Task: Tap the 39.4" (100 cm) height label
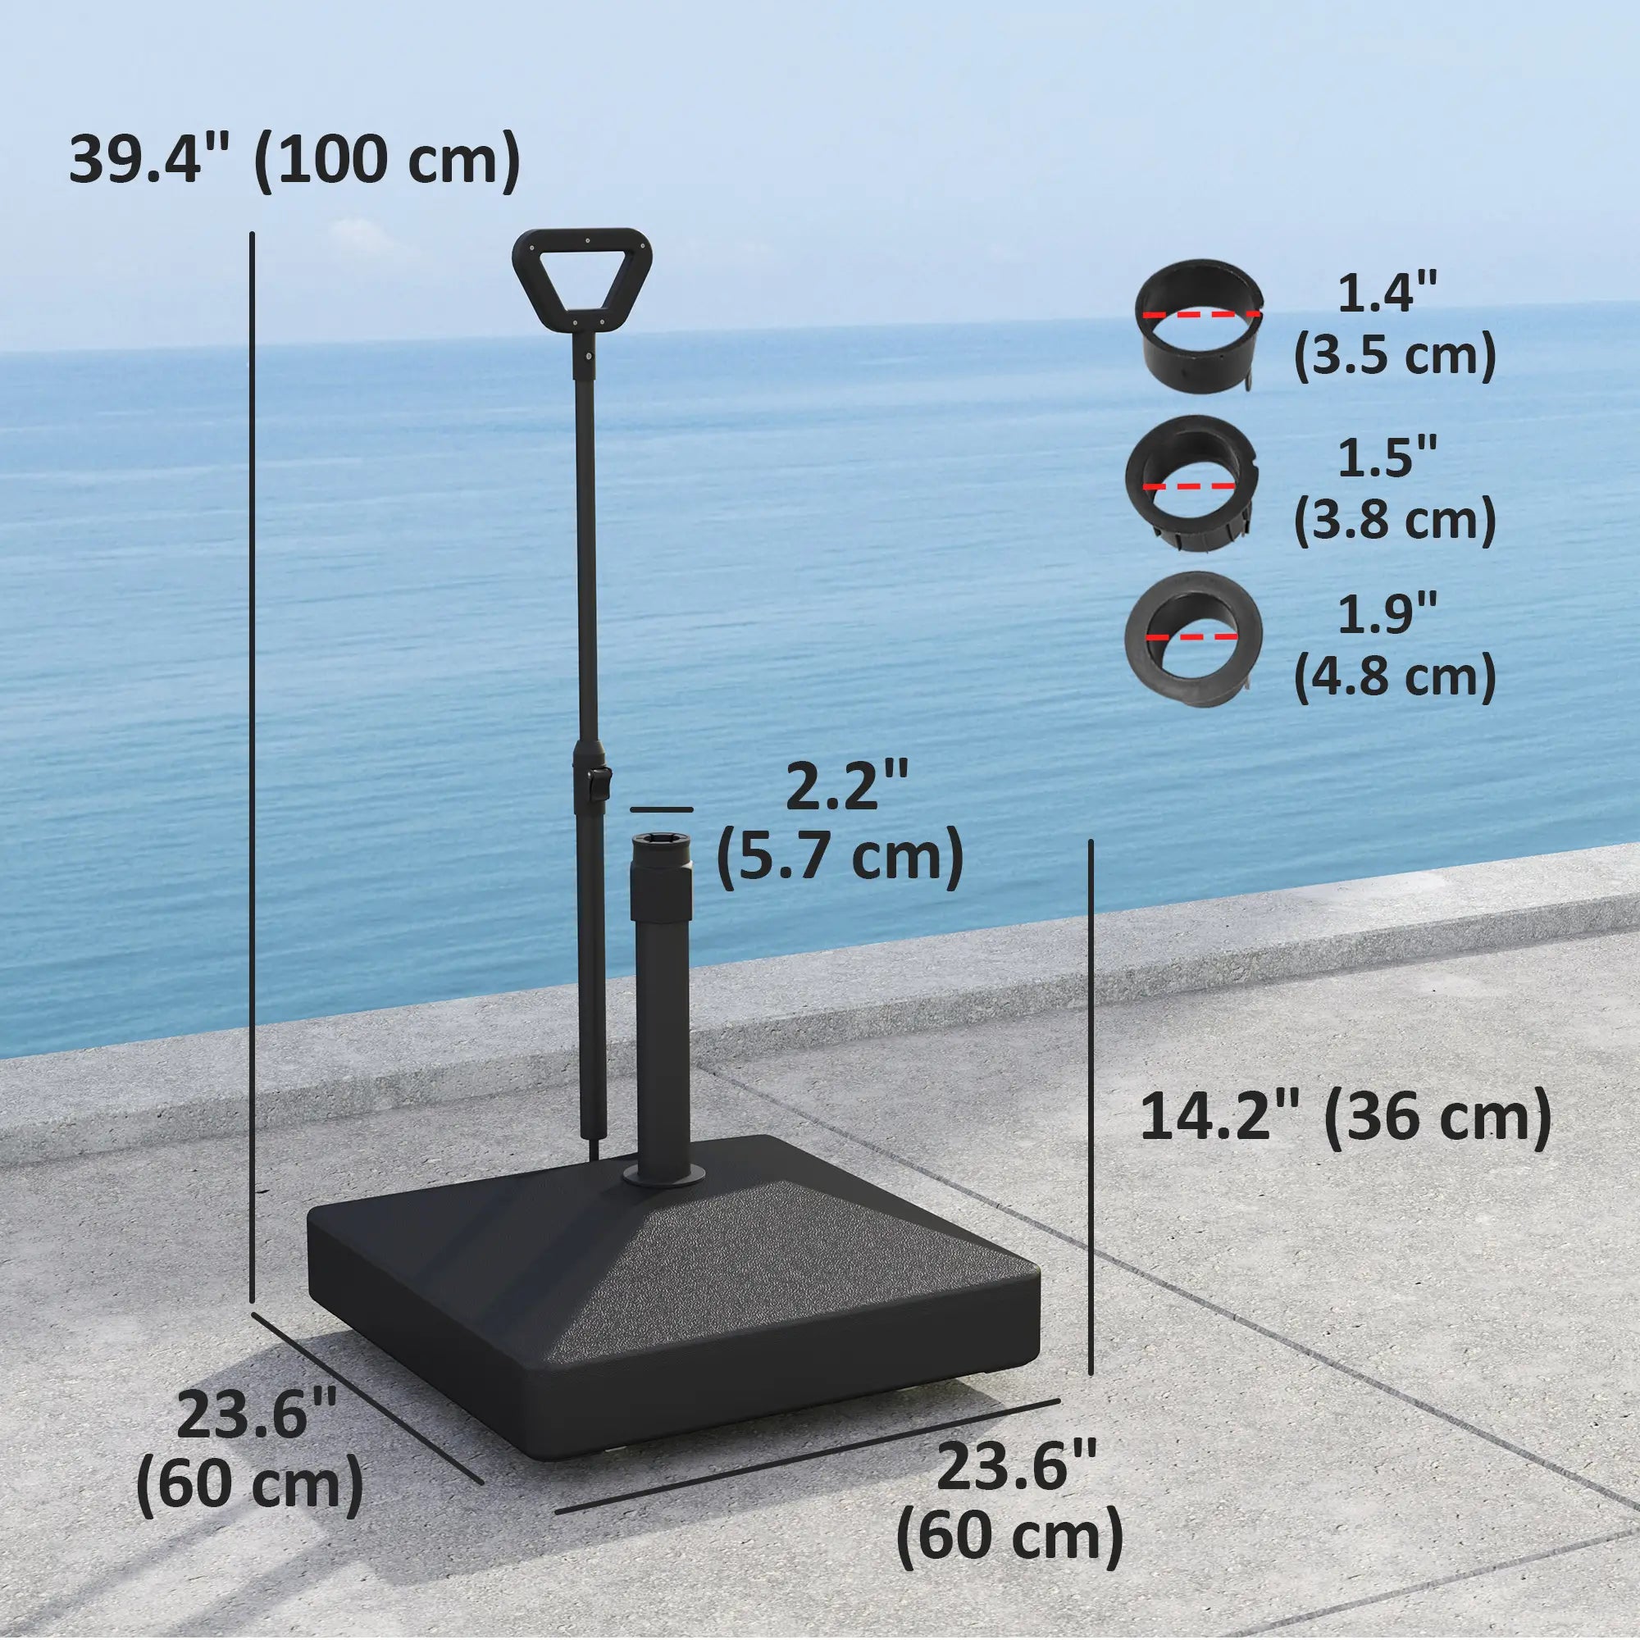coord(294,159)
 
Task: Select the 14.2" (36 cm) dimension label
coord(1345,1118)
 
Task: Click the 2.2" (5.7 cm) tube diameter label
coord(840,823)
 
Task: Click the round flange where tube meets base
coord(662,1177)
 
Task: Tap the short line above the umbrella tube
coord(662,810)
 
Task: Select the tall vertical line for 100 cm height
coord(253,764)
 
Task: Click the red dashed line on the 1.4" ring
coord(1200,314)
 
